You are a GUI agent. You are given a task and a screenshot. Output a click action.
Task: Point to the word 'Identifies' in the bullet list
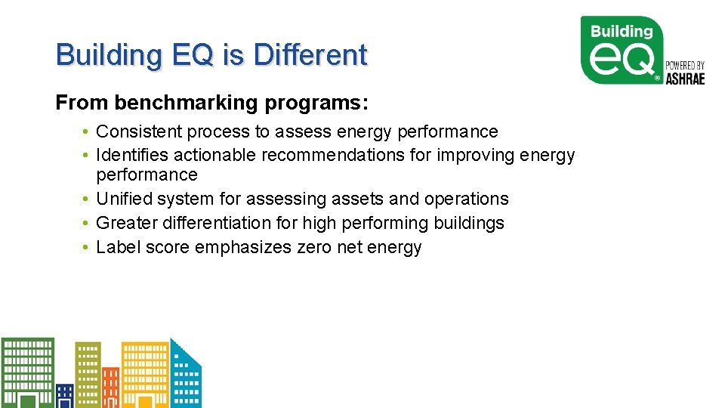click(132, 156)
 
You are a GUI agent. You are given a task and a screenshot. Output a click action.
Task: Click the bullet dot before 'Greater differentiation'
click(88, 223)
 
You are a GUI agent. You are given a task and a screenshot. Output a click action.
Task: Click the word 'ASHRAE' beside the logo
click(684, 78)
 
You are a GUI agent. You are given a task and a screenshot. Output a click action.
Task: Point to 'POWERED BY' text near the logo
click(684, 66)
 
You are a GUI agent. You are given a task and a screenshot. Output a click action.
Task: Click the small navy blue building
click(65, 395)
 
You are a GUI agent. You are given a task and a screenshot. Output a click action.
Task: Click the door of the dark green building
click(27, 401)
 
